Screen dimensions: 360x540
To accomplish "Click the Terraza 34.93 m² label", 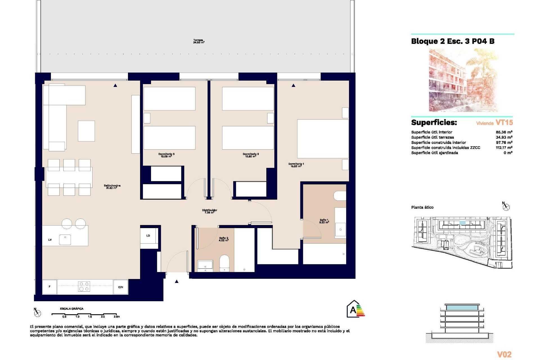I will pyautogui.click(x=199, y=41).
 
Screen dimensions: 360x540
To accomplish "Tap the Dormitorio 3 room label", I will pyautogui.click(x=166, y=155).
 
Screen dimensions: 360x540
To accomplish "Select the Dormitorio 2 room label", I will pyautogui.click(x=251, y=155).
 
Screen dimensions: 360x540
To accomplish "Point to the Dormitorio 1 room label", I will pyautogui.click(x=296, y=165).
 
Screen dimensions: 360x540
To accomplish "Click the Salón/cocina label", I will pyautogui.click(x=112, y=187).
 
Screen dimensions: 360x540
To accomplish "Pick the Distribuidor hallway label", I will pyautogui.click(x=210, y=211).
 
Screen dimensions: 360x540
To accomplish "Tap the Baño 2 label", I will pyautogui.click(x=224, y=239).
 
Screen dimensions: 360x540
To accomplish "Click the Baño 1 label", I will pyautogui.click(x=324, y=221).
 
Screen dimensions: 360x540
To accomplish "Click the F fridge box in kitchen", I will pyautogui.click(x=49, y=287).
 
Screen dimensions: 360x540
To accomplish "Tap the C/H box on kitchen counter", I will pyautogui.click(x=120, y=287).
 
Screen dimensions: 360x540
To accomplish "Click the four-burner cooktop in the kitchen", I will pyautogui.click(x=84, y=286).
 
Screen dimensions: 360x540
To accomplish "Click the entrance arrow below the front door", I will pyautogui.click(x=177, y=281).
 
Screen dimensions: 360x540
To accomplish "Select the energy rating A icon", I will pyautogui.click(x=355, y=309).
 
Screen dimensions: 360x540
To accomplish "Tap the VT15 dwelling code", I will pyautogui.click(x=504, y=123).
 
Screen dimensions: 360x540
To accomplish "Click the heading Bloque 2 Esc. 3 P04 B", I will pyautogui.click(x=453, y=41).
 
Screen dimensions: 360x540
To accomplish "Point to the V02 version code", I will pyautogui.click(x=504, y=354).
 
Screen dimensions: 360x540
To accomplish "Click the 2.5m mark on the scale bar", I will pyautogui.click(x=116, y=316).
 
